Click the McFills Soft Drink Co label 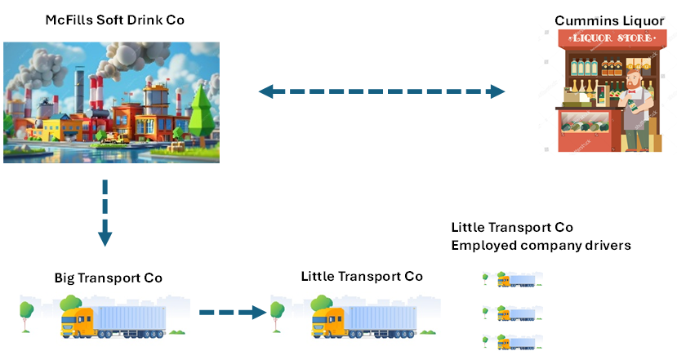(x=114, y=20)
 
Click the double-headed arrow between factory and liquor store (x=382, y=91)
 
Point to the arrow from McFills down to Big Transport (x=105, y=212)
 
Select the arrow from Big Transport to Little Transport (x=234, y=312)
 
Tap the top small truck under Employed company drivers (x=516, y=281)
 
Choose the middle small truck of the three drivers (x=516, y=313)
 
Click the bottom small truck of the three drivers (x=516, y=341)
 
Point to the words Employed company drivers (x=541, y=245)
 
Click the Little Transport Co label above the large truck (x=361, y=277)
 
